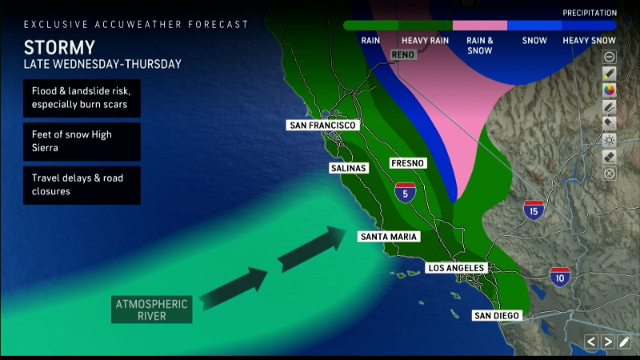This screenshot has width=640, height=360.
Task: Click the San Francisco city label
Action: pyautogui.click(x=322, y=126)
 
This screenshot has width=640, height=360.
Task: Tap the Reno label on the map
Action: pyautogui.click(x=404, y=54)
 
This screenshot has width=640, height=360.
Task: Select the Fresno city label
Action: pyautogui.click(x=407, y=163)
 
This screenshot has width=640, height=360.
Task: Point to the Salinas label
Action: pyautogui.click(x=348, y=168)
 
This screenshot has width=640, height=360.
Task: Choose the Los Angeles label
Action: pyautogui.click(x=455, y=267)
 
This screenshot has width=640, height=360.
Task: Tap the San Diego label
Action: pyautogui.click(x=496, y=315)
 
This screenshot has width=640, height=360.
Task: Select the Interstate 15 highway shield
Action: pyautogui.click(x=534, y=210)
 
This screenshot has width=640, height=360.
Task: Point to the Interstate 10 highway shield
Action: pyautogui.click(x=559, y=278)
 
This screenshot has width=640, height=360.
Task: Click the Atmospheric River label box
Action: pyautogui.click(x=152, y=309)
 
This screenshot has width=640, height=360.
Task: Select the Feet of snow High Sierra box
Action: pyautogui.click(x=82, y=142)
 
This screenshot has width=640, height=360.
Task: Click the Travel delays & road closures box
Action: pyautogui.click(x=82, y=185)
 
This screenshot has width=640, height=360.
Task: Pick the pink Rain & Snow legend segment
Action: pyautogui.click(x=480, y=26)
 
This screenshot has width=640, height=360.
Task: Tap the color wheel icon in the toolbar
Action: pyautogui.click(x=609, y=89)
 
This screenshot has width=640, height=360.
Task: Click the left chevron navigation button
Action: pyautogui.click(x=590, y=342)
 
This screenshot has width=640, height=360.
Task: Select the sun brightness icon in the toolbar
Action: pyautogui.click(x=609, y=139)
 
